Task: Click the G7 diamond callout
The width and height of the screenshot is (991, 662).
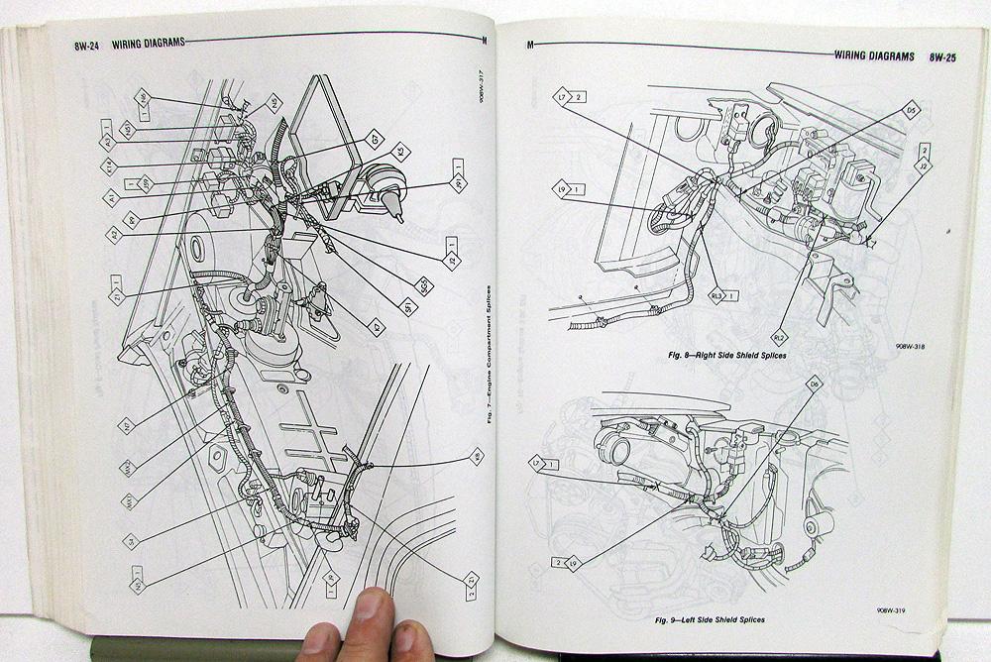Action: pos(375,139)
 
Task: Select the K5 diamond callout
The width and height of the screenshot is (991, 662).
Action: pos(401,153)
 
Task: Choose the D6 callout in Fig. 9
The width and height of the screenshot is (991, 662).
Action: pos(816,384)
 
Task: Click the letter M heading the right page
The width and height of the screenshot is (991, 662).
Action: pos(531,46)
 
